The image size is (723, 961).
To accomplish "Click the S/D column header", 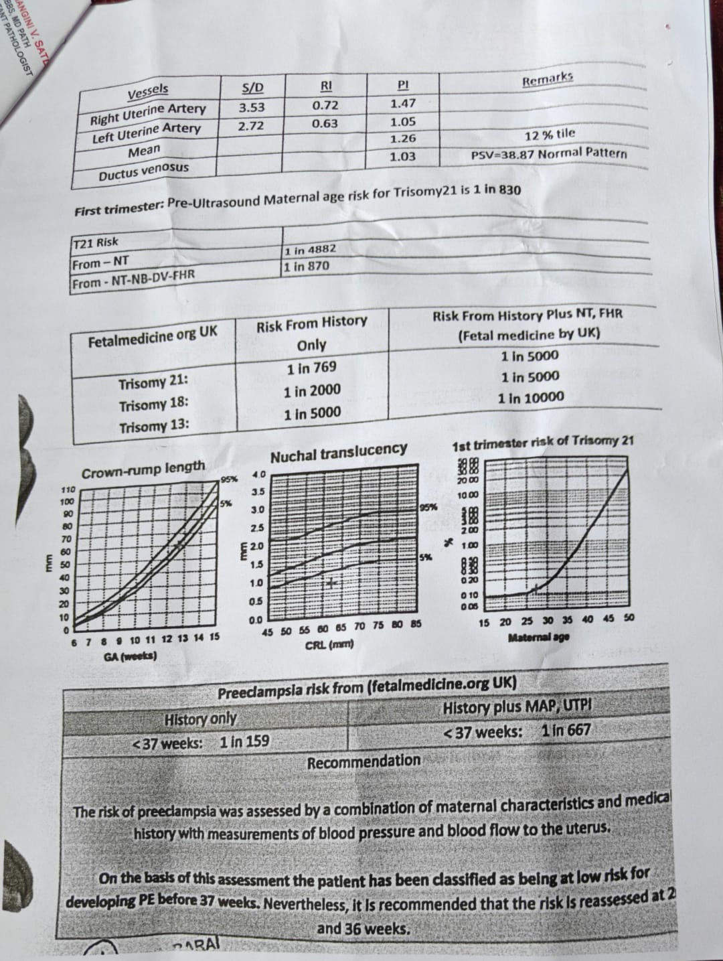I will coord(252,88).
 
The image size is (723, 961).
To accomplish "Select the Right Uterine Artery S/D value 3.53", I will coord(252,107).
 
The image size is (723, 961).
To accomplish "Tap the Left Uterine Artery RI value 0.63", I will coord(325,124).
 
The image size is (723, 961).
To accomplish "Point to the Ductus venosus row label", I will coord(144,171).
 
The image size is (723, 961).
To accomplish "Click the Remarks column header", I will coord(548,79).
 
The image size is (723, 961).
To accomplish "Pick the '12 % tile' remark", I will coord(550,134).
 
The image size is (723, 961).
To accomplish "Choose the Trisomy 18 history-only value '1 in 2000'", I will coord(312,390).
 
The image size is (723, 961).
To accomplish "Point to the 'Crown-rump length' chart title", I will coord(143,469).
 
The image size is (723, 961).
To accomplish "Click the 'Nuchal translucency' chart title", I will coord(339,453).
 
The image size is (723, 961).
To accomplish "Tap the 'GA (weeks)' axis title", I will coord(131,656).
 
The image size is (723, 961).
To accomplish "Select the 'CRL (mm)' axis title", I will coord(330,646).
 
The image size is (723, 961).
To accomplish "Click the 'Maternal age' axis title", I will coord(539,637).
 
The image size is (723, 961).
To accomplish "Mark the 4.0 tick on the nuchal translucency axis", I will coord(258,475).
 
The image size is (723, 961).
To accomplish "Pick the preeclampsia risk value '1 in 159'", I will coord(244,741).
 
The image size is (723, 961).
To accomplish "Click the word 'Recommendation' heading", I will coord(364,762).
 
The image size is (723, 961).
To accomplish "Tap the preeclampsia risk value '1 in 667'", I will coord(566,731).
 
